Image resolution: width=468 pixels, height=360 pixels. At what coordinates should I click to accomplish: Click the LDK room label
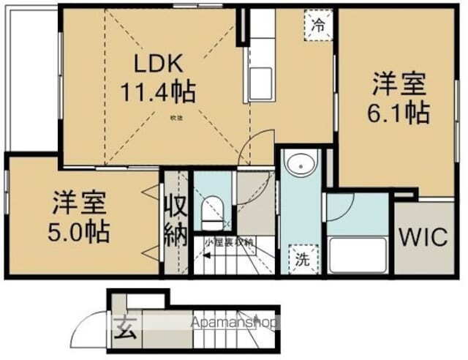[x=157, y=64]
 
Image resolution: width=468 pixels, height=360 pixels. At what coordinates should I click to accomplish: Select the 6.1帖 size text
[x=399, y=113]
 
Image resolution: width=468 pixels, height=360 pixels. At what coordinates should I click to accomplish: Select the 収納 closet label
[x=175, y=220]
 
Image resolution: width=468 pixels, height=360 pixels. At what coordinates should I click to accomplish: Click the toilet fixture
[x=212, y=211]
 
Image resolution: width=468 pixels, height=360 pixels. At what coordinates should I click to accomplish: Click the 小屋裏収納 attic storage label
[x=229, y=242]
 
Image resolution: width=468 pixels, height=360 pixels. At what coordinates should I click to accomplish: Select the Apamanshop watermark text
[x=234, y=322]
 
